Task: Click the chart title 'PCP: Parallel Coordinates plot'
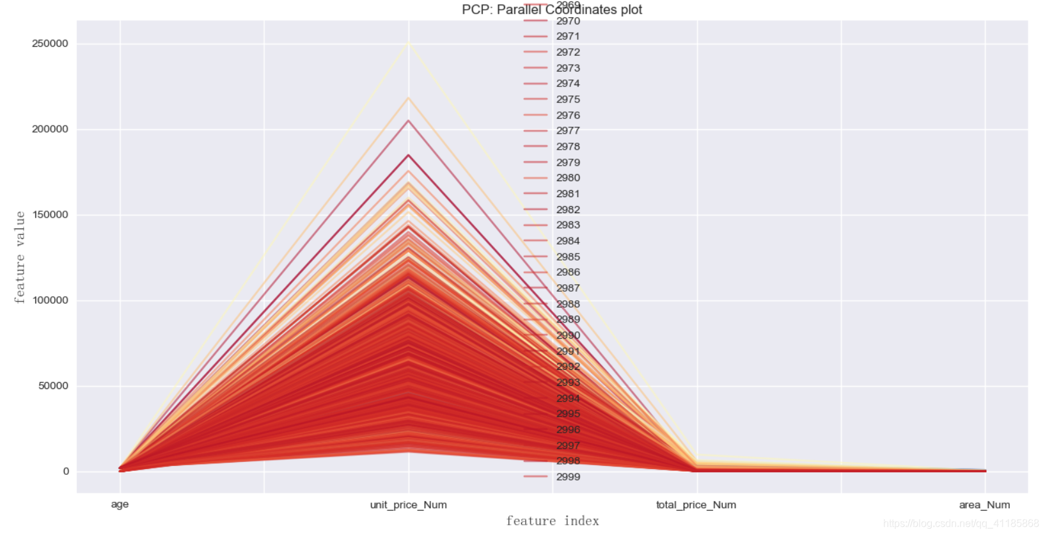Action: pos(551,10)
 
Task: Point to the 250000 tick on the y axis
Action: pos(50,44)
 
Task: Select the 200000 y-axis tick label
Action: pos(50,129)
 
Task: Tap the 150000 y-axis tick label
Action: pos(50,214)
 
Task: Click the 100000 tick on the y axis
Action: pos(50,300)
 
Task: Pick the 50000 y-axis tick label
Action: pos(53,385)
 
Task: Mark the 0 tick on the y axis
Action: pos(66,471)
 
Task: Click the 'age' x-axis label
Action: pos(120,504)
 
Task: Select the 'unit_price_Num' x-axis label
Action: pos(408,505)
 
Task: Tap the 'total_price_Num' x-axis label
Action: pos(696,505)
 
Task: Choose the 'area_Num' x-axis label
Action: pos(984,505)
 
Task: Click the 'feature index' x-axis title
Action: pos(553,521)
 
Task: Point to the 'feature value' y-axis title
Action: pos(20,257)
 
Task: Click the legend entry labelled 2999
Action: pos(568,477)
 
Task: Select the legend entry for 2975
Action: pos(568,99)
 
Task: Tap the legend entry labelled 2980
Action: pos(568,178)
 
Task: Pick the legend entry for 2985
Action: pos(568,257)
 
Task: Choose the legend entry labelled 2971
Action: pos(568,36)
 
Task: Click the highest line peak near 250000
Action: pos(409,44)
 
